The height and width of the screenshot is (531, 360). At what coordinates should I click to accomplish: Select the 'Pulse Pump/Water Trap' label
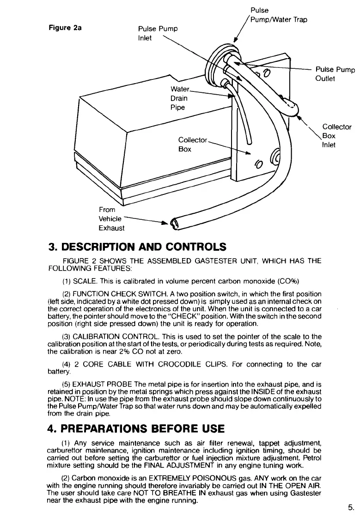(x=277, y=15)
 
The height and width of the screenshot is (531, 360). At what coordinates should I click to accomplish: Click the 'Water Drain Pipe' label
(x=177, y=98)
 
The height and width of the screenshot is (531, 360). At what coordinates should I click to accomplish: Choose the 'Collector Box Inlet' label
(x=336, y=136)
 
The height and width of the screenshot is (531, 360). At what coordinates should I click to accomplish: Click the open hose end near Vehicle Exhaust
(x=175, y=225)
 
